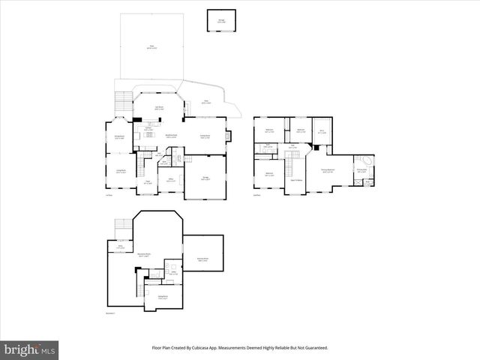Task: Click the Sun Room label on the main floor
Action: [159, 108]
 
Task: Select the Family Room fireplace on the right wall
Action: [229, 136]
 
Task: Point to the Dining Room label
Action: [119, 136]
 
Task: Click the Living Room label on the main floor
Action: [120, 172]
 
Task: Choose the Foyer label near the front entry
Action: [148, 181]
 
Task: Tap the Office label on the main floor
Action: [170, 180]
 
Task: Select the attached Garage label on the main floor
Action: [205, 178]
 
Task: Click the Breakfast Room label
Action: [171, 136]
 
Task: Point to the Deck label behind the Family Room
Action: [205, 103]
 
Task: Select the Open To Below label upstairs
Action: [296, 181]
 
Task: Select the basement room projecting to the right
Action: [202, 259]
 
